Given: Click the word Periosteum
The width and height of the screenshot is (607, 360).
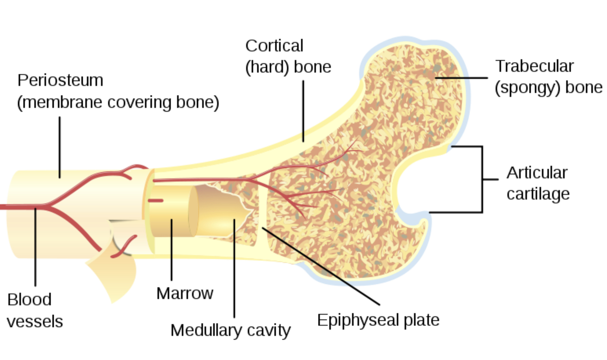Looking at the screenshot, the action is point(60,81).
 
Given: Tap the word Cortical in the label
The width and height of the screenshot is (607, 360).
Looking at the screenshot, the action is point(274,46).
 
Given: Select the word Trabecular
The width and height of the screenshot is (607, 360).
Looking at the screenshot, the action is point(534,66).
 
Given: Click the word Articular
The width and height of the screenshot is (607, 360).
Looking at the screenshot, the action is point(537,173).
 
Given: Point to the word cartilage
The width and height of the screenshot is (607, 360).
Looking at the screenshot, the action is point(538,194).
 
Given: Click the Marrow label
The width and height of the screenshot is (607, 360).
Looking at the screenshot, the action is point(185,293).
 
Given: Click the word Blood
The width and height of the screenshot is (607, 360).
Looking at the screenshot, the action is point(29,300).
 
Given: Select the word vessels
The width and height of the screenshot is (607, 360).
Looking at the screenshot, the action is point(35,321).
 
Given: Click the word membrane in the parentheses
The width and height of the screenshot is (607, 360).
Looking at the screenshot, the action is point(61,103).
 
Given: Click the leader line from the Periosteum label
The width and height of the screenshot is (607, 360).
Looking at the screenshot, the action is point(60,146).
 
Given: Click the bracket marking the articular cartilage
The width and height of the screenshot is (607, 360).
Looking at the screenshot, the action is point(482,179).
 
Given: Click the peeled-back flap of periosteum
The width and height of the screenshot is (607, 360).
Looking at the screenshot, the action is point(109,273).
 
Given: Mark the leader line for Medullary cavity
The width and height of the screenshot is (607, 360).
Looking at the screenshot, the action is point(234,269).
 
